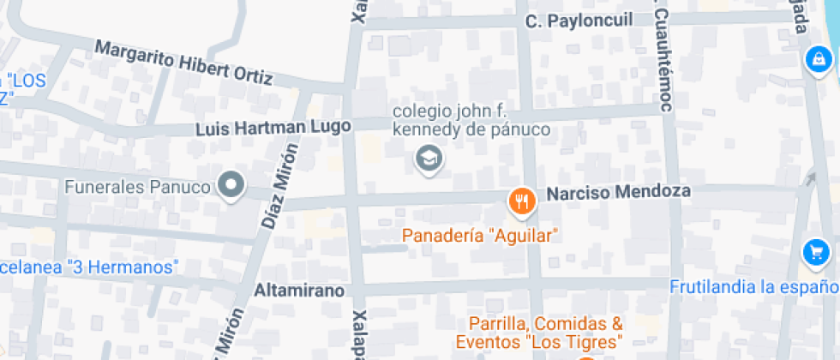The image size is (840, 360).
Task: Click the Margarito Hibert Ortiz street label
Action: (183, 63)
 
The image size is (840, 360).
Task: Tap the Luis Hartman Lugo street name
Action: (273, 128)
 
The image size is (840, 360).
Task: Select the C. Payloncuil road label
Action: (579, 21)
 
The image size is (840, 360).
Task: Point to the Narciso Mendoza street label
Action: (619, 192)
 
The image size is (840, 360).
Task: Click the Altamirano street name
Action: (299, 291)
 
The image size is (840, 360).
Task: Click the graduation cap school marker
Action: (427, 158)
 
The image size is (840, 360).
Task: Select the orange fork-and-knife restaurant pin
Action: (522, 201)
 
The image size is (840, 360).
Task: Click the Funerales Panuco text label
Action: (138, 186)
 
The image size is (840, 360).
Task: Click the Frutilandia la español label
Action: (754, 286)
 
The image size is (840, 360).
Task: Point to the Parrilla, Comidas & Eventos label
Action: (545, 333)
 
